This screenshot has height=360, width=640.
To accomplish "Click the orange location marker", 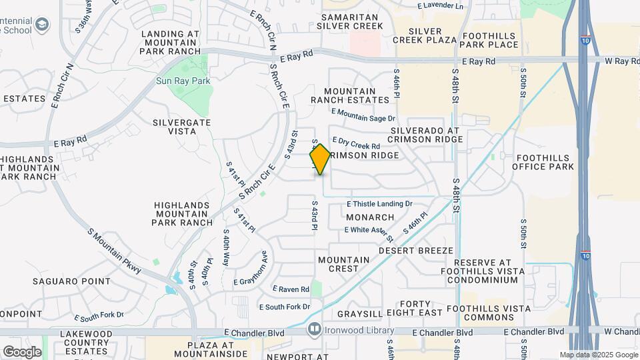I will point(320,159).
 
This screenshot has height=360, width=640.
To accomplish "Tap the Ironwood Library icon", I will point(314,329).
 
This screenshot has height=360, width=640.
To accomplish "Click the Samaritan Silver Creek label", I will point(350,20).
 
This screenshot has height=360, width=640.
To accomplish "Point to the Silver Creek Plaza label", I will point(425,35).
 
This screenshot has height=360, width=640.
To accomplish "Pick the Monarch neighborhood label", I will point(370,217).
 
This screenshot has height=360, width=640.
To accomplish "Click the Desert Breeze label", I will point(416,251).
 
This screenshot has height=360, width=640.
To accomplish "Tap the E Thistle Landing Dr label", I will point(379,204).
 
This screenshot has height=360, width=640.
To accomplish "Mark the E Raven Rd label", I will point(291,289).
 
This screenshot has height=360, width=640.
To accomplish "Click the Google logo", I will point(22,351).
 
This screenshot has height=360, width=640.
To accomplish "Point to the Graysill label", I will point(359,313).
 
